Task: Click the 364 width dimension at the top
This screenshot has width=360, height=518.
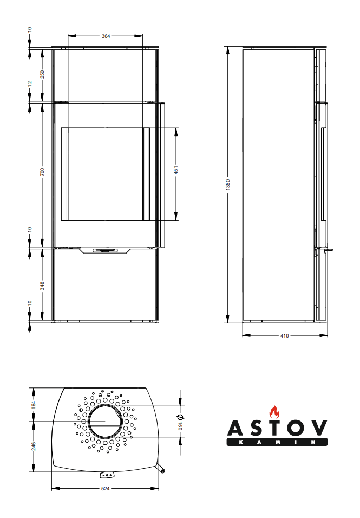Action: pyautogui.click(x=106, y=36)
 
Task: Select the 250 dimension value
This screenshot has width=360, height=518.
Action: pyautogui.click(x=42, y=74)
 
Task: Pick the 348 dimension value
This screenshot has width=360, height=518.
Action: pyautogui.click(x=42, y=285)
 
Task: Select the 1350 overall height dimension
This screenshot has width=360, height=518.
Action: pyautogui.click(x=228, y=184)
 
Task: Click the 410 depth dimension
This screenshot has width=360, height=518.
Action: pyautogui.click(x=284, y=335)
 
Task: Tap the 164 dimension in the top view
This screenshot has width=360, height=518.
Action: pyautogui.click(x=34, y=404)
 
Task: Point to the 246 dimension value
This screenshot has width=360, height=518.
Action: pyautogui.click(x=34, y=446)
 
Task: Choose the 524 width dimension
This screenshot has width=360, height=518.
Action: pyautogui.click(x=106, y=489)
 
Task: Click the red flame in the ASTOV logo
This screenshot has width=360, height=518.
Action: pyautogui.click(x=273, y=412)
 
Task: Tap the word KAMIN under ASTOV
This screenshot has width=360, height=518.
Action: pyautogui.click(x=277, y=442)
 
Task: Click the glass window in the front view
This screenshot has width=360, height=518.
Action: pyautogui.click(x=105, y=173)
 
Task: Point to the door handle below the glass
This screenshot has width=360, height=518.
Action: pyautogui.click(x=106, y=250)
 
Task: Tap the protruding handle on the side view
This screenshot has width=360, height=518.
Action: pyautogui.click(x=328, y=250)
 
